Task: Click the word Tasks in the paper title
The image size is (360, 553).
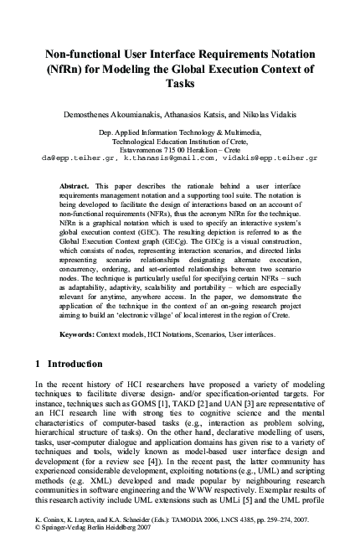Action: coord(180,84)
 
